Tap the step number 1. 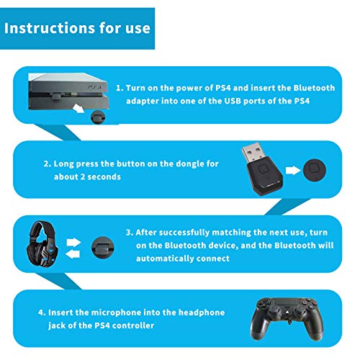pos(120,89)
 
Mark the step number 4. pos(41,312)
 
